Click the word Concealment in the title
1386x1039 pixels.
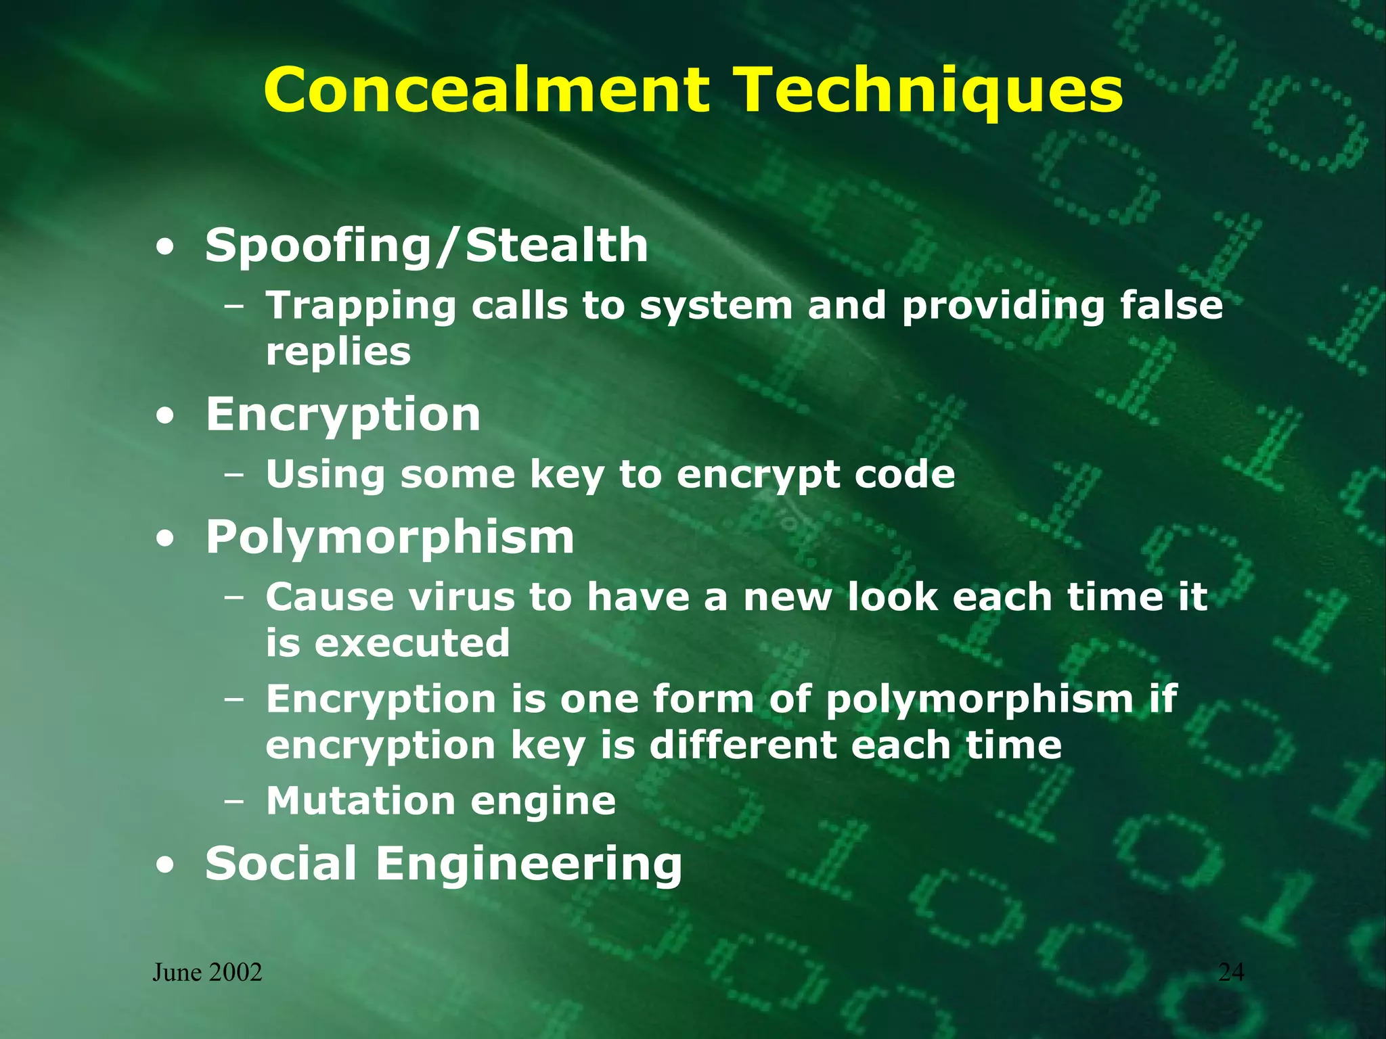click(x=487, y=90)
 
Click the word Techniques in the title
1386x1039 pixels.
click(x=929, y=90)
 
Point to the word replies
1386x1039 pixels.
click(x=338, y=352)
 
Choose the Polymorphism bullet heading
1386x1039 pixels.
click(x=390, y=538)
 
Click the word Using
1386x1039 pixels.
click(x=324, y=475)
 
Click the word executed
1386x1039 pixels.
click(x=412, y=643)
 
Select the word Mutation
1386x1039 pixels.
click(x=360, y=801)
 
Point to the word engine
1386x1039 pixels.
click(x=543, y=802)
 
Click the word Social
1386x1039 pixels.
click(x=281, y=864)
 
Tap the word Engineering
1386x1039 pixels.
click(x=529, y=865)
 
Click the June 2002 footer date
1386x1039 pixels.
click(x=207, y=973)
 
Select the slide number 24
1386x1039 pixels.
click(x=1231, y=972)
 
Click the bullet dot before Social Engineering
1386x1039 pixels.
click(x=164, y=866)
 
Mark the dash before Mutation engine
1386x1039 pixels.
click(x=234, y=802)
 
